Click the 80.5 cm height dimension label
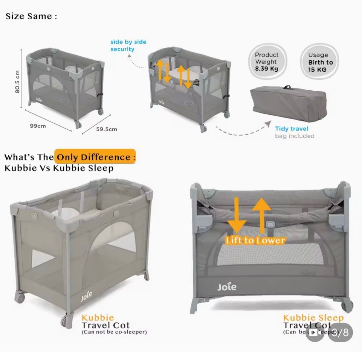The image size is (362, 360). point(17,82)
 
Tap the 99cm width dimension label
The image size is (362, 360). point(38,126)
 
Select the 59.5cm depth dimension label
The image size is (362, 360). point(106,129)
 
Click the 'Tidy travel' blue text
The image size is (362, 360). point(291,129)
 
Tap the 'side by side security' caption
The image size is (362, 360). point(128,46)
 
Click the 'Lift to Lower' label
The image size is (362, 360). point(255,240)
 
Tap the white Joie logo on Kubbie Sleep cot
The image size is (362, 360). point(227,287)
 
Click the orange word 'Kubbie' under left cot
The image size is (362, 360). point(98,317)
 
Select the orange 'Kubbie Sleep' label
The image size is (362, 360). point(313,318)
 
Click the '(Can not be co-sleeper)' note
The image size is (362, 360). point(114,332)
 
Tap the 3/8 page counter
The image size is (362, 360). point(340,332)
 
